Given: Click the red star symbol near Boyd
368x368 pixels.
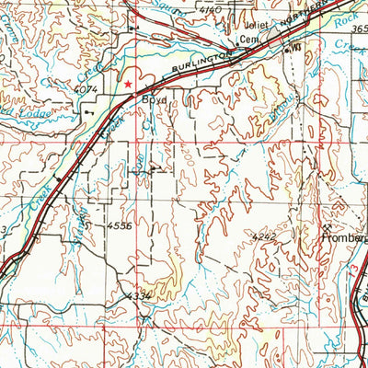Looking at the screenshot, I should [128, 84].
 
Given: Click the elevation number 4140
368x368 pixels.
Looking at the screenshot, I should [211, 8].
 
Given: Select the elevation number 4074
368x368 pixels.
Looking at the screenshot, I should [88, 89].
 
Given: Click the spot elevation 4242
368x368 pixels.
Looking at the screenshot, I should [265, 236].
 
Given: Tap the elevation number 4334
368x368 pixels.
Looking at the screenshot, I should [135, 296].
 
